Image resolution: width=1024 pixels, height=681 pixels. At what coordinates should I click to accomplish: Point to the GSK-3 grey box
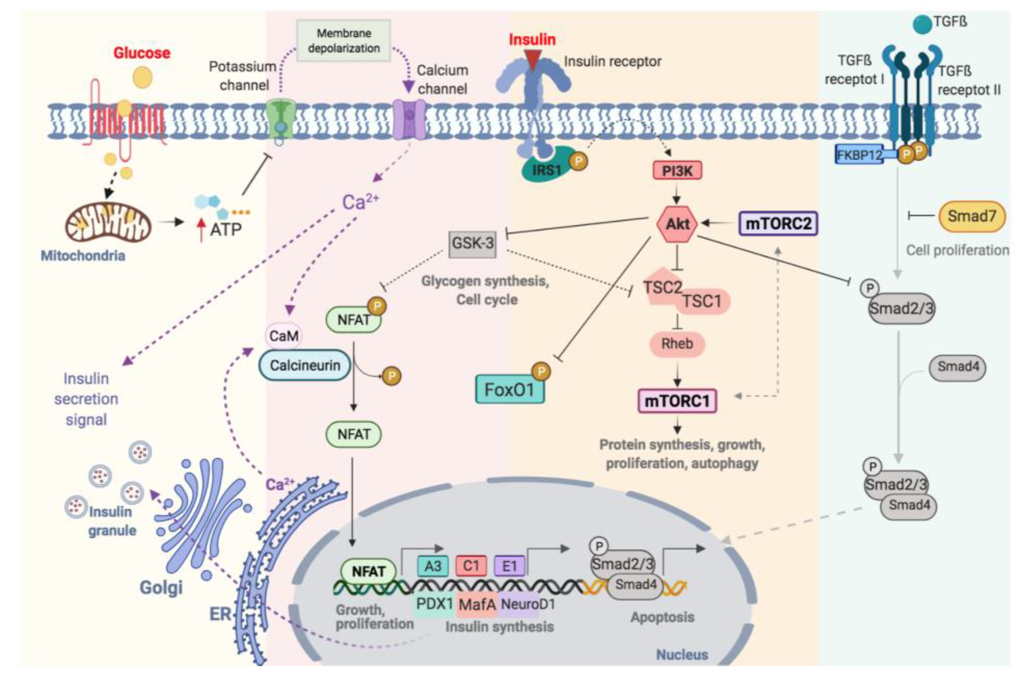pyautogui.click(x=472, y=243)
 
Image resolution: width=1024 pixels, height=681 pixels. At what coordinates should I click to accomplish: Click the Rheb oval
pyautogui.click(x=676, y=344)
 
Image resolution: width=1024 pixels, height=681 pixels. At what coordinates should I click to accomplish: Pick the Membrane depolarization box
pyautogui.click(x=343, y=41)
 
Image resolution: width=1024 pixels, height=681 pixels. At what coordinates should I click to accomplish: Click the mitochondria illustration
pyautogui.click(x=108, y=223)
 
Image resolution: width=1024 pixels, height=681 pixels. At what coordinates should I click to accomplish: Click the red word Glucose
pyautogui.click(x=142, y=53)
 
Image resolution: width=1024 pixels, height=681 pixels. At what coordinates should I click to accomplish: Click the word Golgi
pyautogui.click(x=161, y=587)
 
